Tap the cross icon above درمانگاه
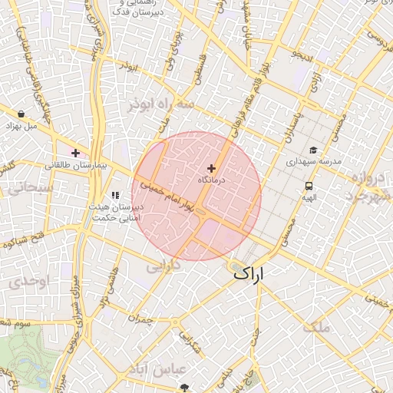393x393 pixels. (212, 168)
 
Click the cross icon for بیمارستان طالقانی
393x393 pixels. (75, 153)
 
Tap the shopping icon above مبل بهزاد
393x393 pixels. (20, 114)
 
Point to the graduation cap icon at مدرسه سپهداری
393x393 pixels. (313, 150)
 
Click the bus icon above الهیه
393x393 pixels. (309, 186)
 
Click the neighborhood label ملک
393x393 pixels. (315, 328)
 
